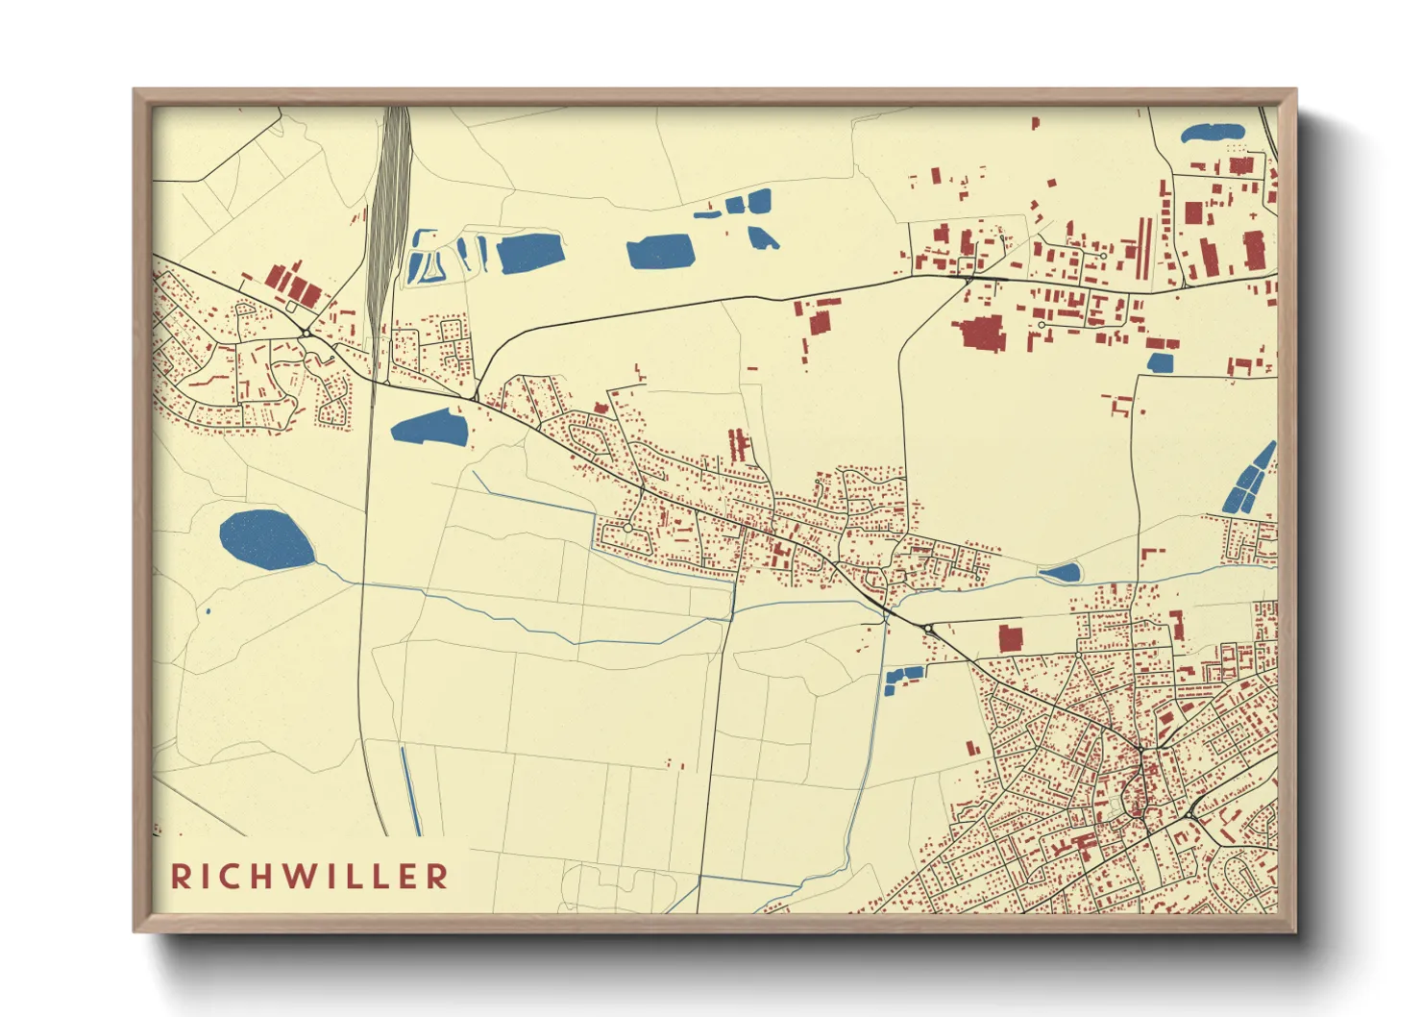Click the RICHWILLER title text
click(309, 876)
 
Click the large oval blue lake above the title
click(266, 540)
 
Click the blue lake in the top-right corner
click(1212, 133)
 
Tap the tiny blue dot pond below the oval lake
click(208, 610)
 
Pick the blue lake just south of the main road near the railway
click(429, 428)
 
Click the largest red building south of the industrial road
click(981, 332)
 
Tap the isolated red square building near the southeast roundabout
click(1010, 638)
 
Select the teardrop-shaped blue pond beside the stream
click(1061, 573)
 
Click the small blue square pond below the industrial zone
click(1161, 362)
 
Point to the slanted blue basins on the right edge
click(1248, 479)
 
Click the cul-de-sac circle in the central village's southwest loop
click(627, 528)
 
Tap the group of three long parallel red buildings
click(738, 444)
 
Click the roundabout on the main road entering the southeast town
click(928, 629)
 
